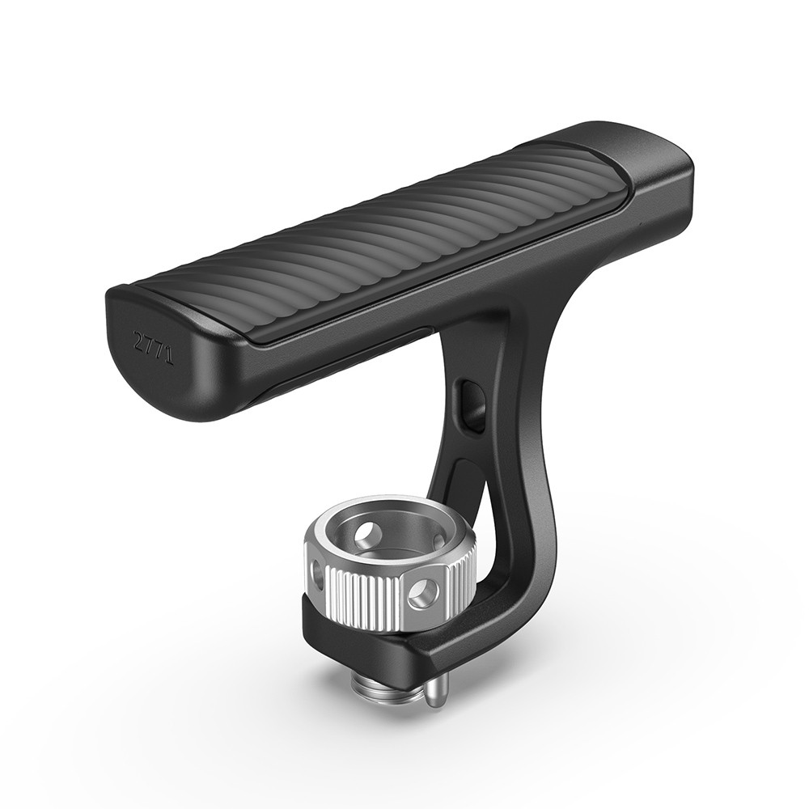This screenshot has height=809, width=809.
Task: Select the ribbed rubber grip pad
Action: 372,243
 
